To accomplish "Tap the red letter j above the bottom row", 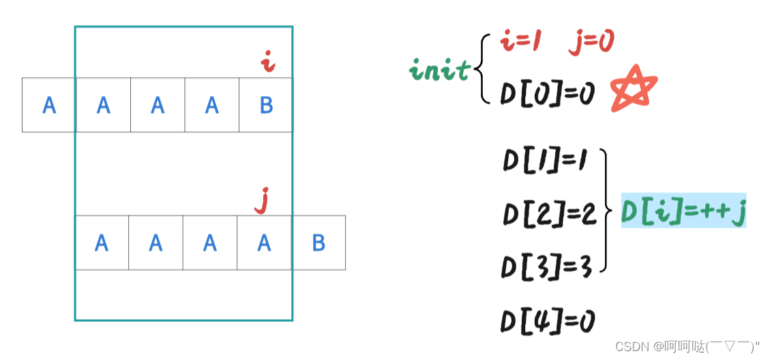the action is [259, 201].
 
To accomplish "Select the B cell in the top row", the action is [266, 104].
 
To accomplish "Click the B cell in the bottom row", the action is [319, 243].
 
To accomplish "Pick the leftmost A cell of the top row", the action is [48, 104].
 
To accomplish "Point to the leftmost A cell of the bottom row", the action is [102, 243].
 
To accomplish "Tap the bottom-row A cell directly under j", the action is [264, 243].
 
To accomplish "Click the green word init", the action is [440, 70].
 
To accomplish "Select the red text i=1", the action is [521, 43].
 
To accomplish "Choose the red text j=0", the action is [591, 43].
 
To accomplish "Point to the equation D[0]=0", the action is [548, 94].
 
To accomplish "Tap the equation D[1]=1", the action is [548, 164].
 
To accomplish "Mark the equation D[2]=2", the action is [549, 214].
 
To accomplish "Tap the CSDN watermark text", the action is [687, 346].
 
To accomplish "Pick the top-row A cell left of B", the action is [211, 104].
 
